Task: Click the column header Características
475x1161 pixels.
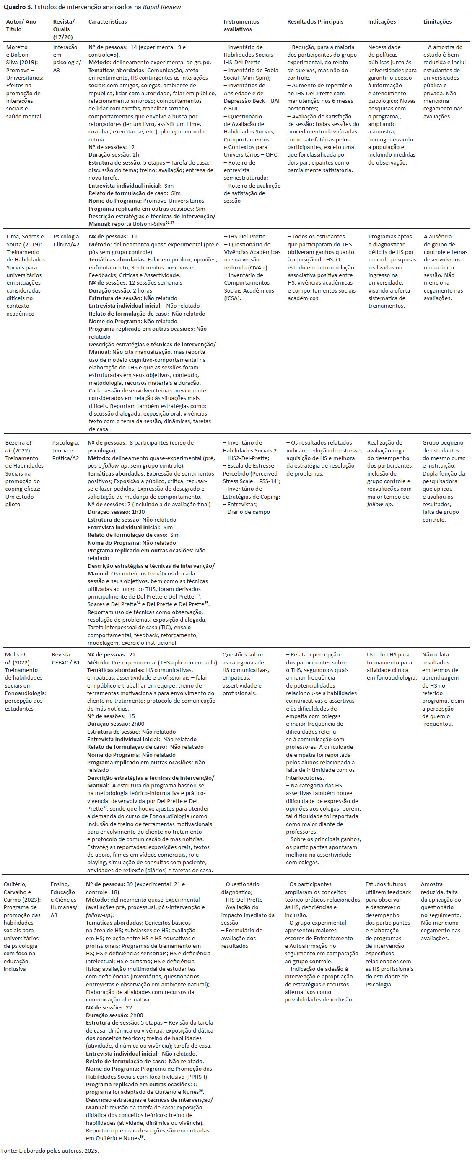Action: pos(107,22)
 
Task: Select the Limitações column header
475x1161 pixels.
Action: pos(437,22)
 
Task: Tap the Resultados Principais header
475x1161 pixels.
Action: pos(315,22)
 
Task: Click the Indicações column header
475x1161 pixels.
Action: pos(382,22)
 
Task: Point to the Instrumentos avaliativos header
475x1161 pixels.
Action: pos(241,25)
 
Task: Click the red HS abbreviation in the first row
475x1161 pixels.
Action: pos(134,78)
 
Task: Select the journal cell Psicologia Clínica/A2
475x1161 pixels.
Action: pos(66,240)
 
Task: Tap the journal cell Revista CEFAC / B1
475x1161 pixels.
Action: pos(65,659)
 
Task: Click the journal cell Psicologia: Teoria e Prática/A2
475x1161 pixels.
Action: pos(65,450)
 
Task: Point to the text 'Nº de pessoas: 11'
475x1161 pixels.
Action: pos(112,237)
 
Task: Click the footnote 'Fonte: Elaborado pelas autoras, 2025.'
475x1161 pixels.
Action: pos(49,1150)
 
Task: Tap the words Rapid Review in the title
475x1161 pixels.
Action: pos(162,7)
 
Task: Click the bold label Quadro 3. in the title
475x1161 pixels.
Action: pos(18,7)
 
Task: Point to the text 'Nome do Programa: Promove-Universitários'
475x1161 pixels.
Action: pos(146,201)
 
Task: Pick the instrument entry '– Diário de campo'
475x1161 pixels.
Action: pos(246,512)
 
